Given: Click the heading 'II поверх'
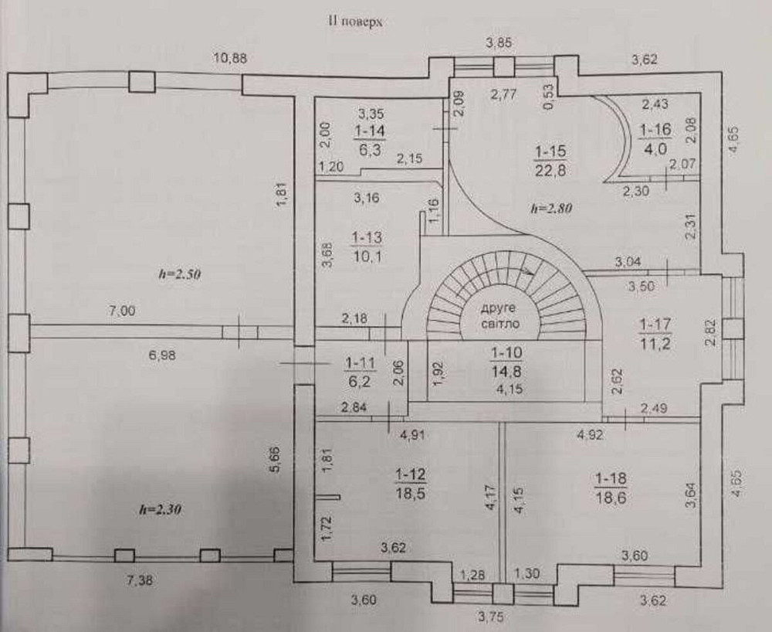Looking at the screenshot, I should [356, 22].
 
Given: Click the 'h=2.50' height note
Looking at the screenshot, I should [178, 275].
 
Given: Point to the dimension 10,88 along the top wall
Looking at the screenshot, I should [232, 58].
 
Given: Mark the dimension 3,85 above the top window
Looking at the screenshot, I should [499, 42].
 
